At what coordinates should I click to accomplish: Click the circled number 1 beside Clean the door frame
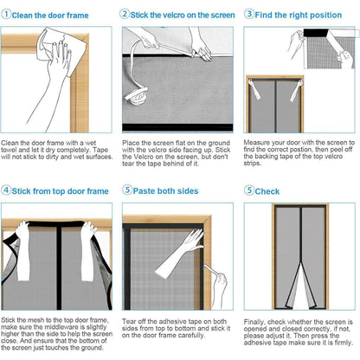pos(6,14)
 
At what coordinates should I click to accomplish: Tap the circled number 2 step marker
pos(125,14)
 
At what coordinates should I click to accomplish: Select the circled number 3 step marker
pos(249,14)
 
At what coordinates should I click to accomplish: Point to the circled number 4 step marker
pos(6,190)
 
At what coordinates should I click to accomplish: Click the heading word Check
pos(267,191)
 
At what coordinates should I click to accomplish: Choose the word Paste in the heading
pos(144,191)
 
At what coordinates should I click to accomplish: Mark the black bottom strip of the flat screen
pos(177,127)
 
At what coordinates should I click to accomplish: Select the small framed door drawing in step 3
pos(274,104)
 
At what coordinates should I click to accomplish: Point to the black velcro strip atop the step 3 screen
pos(316,33)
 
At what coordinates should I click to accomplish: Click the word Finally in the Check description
pos(254,322)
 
